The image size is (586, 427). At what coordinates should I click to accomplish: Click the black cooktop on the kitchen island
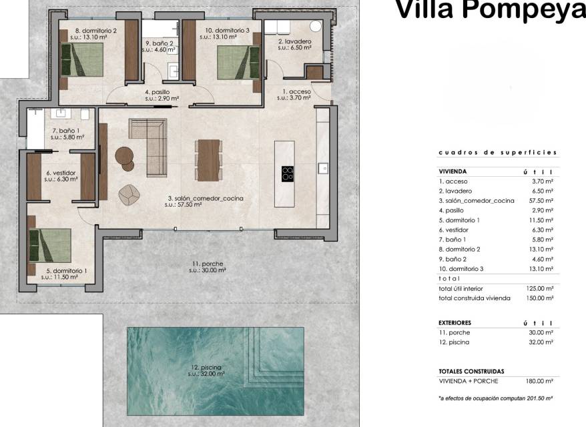click(x=288, y=174)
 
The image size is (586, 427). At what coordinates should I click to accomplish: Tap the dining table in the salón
click(x=208, y=160)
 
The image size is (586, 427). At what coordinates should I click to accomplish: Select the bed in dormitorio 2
click(x=82, y=60)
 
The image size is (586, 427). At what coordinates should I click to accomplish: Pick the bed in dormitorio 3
click(x=238, y=63)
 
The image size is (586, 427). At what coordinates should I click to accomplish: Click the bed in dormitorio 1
click(x=50, y=246)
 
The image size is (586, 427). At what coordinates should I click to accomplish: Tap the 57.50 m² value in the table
click(x=541, y=201)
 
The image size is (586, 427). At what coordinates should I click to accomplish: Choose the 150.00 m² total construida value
click(x=540, y=298)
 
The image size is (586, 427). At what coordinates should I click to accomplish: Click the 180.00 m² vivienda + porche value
click(x=540, y=381)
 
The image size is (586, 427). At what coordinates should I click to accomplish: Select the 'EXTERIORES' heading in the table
click(x=455, y=323)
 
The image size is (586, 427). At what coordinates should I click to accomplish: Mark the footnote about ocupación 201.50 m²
click(x=495, y=398)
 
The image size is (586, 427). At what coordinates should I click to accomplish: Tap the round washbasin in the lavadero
click(x=316, y=26)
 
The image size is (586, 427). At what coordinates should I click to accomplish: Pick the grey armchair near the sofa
click(x=129, y=195)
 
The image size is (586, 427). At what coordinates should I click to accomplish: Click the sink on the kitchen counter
click(x=323, y=169)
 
